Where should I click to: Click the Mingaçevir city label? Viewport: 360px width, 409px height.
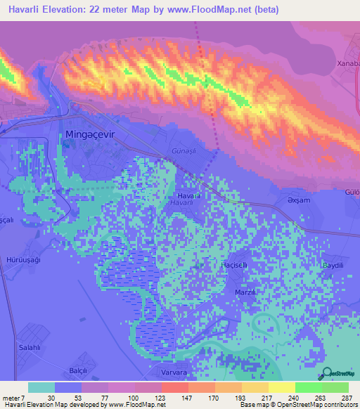pyautogui.click(x=89, y=133)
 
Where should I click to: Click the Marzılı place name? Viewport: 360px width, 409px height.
pyautogui.click(x=245, y=292)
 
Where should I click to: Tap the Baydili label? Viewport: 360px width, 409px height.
pyautogui.click(x=333, y=265)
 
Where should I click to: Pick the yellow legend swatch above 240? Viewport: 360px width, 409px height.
pyautogui.click(x=281, y=387)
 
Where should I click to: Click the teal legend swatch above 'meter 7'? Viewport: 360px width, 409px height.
pyautogui.click(x=41, y=387)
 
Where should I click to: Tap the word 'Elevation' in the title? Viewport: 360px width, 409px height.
pyautogui.click(x=72, y=10)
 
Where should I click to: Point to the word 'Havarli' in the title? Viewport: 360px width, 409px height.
pyautogui.click(x=26, y=10)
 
